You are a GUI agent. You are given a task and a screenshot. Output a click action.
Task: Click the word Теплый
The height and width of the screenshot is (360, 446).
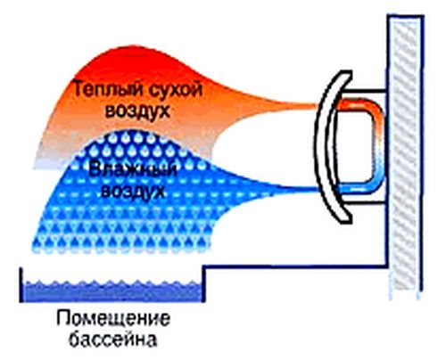[107, 89]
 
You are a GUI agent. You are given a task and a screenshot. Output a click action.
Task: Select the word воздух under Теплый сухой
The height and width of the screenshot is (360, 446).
[137, 110]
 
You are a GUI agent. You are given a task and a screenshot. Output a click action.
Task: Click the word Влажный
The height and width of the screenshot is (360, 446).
[133, 170]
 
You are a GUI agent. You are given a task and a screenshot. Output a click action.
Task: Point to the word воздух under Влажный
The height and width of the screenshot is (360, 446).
[133, 191]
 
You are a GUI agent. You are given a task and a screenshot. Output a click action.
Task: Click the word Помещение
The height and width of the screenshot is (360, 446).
[113, 319]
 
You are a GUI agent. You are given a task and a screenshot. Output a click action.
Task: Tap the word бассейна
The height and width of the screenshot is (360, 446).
[113, 339]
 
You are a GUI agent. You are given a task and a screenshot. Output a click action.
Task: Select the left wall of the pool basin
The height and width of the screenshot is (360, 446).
[21, 284]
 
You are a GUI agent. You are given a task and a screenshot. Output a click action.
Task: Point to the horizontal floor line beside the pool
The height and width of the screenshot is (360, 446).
[296, 266]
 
